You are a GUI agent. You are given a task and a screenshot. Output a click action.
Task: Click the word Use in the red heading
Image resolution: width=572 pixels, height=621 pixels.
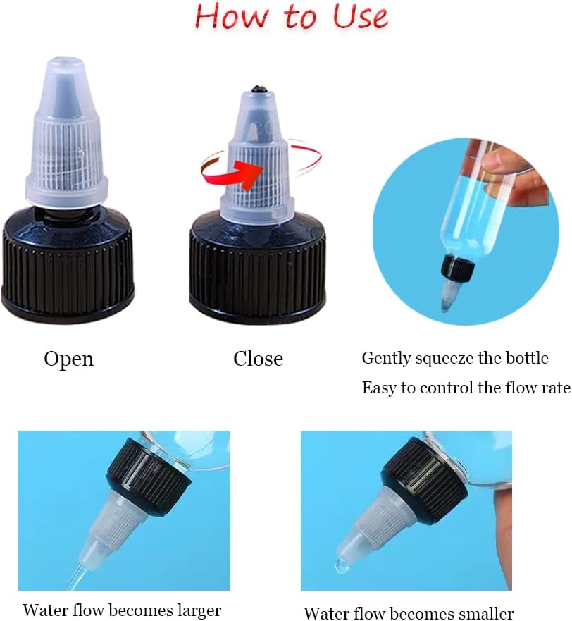360,17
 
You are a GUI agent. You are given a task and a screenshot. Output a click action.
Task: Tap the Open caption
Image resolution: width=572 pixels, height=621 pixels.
69,359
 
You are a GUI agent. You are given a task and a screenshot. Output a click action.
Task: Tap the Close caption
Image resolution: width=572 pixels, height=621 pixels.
258,358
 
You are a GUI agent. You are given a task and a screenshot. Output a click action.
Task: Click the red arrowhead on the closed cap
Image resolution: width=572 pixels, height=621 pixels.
249,173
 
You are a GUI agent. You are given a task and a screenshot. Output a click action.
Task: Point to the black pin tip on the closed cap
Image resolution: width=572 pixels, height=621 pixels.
259,89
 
